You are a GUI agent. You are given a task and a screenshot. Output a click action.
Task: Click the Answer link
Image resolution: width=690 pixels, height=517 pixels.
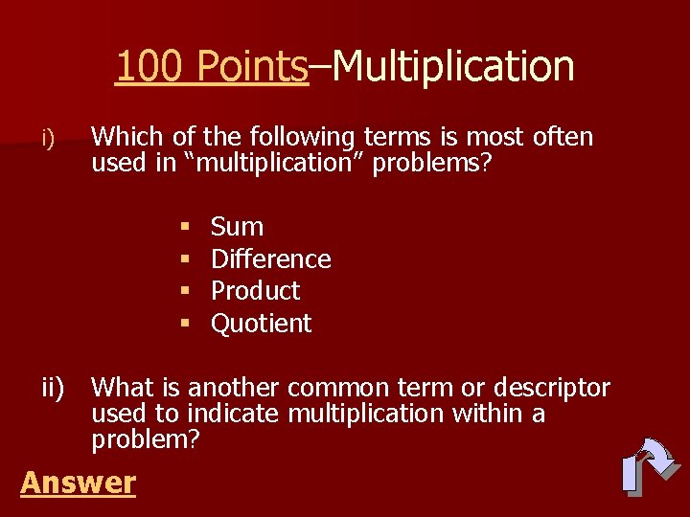(78, 483)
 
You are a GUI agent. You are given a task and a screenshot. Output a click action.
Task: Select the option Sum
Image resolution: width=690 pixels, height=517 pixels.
(237, 227)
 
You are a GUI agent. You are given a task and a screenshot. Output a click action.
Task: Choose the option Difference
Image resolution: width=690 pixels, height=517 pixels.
(270, 259)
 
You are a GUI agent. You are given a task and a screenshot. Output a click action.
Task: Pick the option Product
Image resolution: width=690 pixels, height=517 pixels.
(255, 291)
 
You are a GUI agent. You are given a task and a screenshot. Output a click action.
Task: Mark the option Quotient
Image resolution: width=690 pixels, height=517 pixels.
(261, 324)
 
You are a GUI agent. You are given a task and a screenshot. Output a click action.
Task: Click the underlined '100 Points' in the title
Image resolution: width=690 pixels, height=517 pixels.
(211, 66)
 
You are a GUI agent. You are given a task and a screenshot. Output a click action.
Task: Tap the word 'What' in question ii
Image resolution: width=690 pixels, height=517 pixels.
(124, 388)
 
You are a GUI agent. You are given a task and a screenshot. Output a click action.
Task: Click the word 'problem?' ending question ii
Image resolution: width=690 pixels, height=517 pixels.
(145, 440)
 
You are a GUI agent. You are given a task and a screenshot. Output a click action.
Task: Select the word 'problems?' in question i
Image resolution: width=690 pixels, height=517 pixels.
(432, 164)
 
